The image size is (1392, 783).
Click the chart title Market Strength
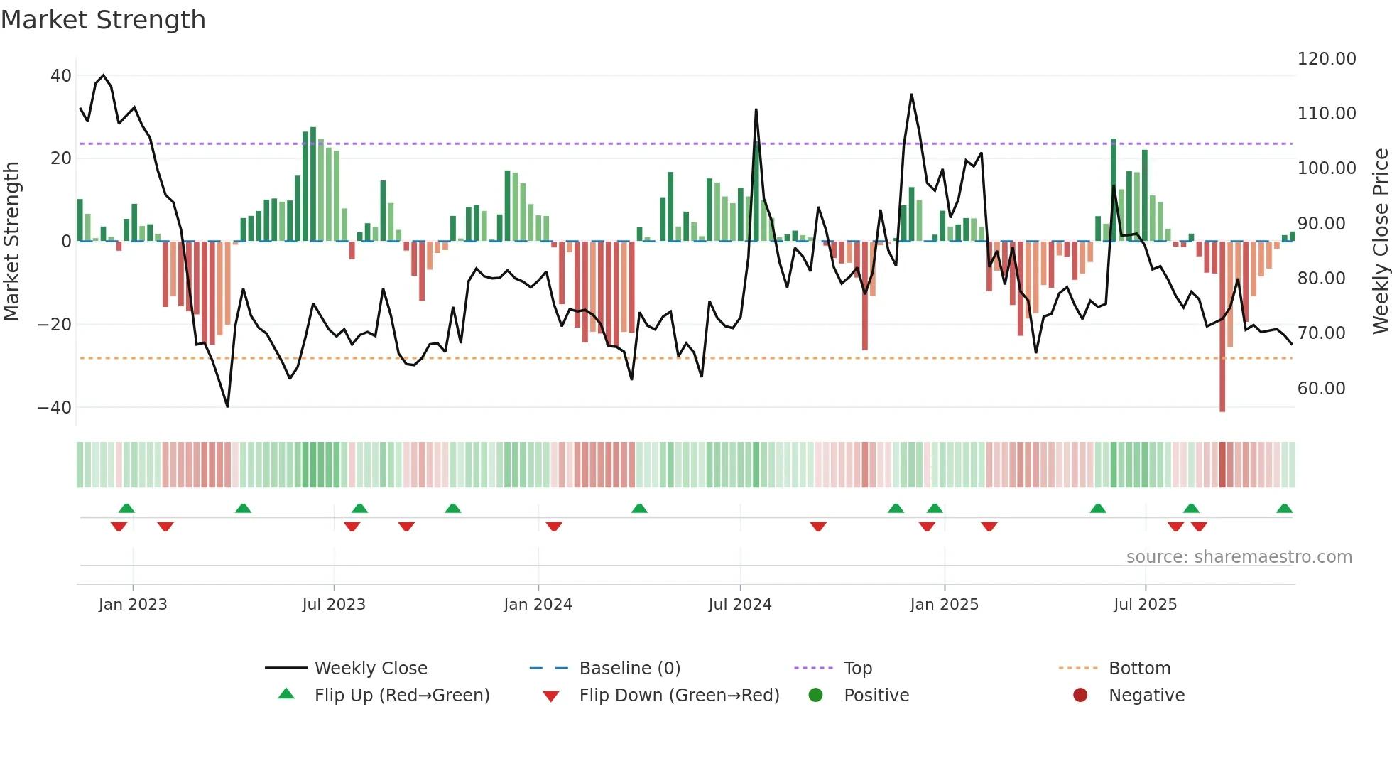point(103,20)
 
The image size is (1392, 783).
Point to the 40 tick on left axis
point(61,75)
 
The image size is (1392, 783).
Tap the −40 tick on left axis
point(55,408)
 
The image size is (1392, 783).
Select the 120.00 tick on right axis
point(1326,59)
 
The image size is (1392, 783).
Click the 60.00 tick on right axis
point(1321,389)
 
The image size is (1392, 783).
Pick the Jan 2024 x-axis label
point(538,605)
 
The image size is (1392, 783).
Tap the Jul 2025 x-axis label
point(1145,605)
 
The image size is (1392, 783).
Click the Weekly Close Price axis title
point(1380,242)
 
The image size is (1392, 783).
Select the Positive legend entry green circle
point(816,696)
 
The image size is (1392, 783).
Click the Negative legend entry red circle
point(1080,696)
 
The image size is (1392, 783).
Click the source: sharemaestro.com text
point(1239,557)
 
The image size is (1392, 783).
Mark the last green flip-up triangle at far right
point(1284,509)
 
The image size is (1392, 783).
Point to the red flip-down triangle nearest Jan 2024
point(554,526)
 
